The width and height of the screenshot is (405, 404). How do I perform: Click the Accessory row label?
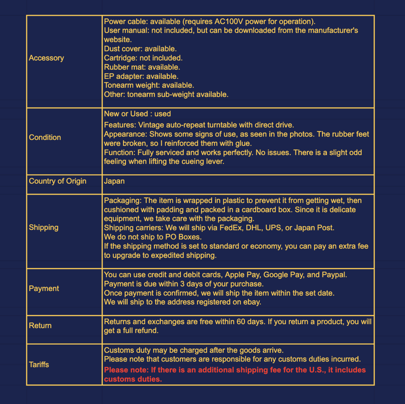46,58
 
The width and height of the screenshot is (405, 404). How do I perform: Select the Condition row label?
45,137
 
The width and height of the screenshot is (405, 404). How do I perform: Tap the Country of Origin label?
57,181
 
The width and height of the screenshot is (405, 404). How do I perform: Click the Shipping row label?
43,227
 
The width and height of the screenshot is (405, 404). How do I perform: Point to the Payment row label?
44,289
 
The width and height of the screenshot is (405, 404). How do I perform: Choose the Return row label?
40,326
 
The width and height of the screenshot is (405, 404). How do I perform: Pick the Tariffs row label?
39,365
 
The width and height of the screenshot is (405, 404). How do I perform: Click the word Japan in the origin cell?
114,181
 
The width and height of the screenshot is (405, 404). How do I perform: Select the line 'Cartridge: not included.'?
143,58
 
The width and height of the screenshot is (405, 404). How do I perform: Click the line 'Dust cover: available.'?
140,49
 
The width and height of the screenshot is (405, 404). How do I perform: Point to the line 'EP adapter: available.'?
141,76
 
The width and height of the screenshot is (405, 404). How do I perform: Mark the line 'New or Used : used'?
137,114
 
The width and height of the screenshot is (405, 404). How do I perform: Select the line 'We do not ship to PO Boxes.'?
153,237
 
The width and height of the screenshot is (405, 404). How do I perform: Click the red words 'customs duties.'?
133,379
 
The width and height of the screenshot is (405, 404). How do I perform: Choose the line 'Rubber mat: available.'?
142,67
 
